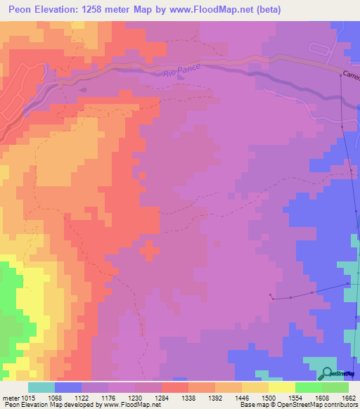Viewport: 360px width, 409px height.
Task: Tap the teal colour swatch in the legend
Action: pos(41,387)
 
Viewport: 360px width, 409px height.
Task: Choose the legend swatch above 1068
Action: pos(68,387)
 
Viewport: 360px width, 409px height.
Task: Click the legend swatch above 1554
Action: pos(309,387)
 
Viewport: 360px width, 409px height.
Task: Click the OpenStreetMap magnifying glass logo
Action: pos(327,373)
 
